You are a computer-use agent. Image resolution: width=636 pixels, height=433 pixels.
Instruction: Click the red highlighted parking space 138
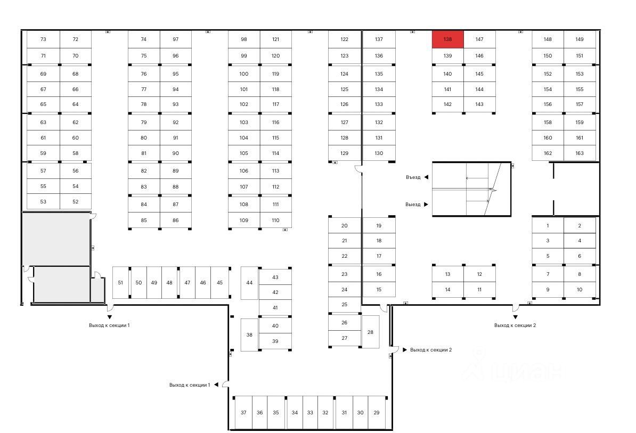[447, 39]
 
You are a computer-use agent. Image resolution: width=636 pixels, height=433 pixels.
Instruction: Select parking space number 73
[43, 39]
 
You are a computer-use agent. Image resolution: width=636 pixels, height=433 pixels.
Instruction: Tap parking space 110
[275, 220]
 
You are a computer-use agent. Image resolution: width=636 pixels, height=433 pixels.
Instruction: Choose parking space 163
[580, 153]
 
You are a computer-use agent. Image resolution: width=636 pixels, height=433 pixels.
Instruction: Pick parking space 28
[371, 332]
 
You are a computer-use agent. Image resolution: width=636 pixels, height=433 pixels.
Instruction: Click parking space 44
[249, 282]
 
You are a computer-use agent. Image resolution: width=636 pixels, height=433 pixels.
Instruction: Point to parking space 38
[249, 335]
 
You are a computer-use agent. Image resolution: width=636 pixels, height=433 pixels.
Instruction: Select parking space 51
[120, 282]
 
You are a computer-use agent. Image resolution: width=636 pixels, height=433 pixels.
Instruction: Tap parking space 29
[377, 413]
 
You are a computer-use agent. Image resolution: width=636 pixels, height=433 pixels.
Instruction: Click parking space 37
[243, 413]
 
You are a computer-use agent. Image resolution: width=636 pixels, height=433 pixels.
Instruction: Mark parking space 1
[548, 226]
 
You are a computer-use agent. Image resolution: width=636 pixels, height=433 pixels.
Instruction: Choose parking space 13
[447, 274]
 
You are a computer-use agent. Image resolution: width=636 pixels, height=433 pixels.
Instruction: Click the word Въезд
[413, 177]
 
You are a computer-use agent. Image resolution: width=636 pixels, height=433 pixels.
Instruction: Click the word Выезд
[413, 205]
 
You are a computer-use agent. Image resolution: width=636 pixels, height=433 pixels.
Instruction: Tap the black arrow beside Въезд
[426, 177]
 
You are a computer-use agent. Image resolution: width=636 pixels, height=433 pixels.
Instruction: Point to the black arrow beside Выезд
[426, 205]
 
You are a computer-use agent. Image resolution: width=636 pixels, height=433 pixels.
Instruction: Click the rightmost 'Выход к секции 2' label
[515, 325]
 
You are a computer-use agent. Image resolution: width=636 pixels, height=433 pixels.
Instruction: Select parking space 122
[345, 39]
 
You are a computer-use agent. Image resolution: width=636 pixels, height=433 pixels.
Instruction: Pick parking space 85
[144, 220]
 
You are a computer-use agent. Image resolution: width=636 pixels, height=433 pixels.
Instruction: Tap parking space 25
[345, 305]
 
